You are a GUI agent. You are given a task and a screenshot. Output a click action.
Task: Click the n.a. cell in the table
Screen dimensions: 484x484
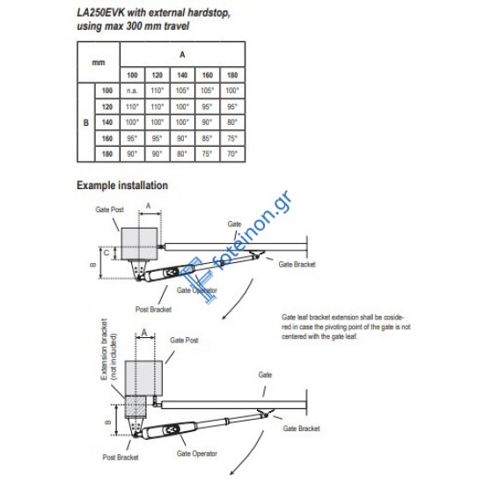coord(132,91)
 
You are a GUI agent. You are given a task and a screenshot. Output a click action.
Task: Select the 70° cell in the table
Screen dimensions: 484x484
coord(232,154)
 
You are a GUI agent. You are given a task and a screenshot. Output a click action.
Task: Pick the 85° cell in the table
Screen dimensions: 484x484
coord(207,138)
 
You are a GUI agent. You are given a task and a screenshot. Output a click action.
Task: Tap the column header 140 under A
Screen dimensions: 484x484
coord(182,75)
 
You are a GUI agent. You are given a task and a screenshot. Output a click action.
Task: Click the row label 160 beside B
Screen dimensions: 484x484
coord(107,138)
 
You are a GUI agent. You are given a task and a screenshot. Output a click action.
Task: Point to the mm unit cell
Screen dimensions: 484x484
coord(99,62)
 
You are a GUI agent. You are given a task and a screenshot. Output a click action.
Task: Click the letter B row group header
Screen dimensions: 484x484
coord(86,122)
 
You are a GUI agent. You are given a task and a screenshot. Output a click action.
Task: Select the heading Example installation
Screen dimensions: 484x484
coord(122,185)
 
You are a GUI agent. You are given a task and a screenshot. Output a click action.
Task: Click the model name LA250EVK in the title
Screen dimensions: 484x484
coord(100,13)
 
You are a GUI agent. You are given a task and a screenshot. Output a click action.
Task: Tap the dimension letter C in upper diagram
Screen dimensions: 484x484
coord(106,253)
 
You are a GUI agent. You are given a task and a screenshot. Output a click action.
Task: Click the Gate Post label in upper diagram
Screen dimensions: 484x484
coord(110,209)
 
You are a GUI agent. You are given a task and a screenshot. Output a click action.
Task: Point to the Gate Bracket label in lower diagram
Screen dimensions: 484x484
coord(301,429)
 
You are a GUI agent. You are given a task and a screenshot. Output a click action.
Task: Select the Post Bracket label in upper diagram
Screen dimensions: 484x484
coord(153,309)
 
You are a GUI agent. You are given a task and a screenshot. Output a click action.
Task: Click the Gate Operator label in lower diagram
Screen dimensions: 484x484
coord(197,453)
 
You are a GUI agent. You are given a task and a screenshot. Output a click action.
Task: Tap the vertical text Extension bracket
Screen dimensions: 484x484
coord(105,349)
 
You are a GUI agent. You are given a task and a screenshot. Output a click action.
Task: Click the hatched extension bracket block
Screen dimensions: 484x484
coord(135,407)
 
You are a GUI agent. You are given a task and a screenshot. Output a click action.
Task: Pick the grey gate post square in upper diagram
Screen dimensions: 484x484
coord(139,244)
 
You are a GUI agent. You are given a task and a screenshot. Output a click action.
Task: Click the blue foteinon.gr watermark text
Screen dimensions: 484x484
coord(253,231)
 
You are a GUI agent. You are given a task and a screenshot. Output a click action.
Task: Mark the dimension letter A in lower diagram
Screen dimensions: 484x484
coord(144,333)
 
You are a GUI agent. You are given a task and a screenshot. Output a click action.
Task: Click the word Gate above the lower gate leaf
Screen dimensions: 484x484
coord(265,375)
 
